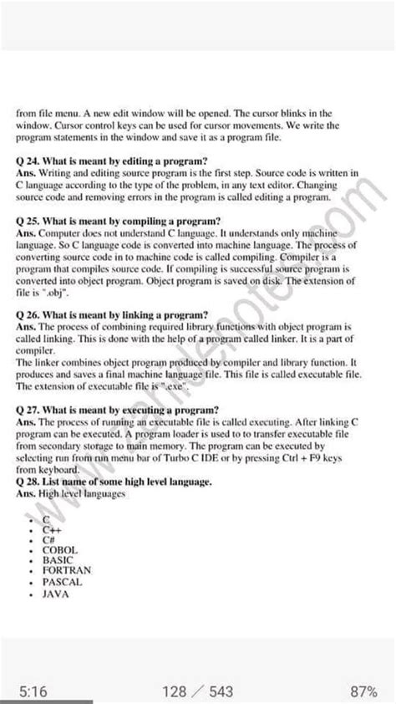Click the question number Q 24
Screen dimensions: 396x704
26,160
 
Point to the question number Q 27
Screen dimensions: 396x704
26,410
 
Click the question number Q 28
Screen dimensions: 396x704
26,483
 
